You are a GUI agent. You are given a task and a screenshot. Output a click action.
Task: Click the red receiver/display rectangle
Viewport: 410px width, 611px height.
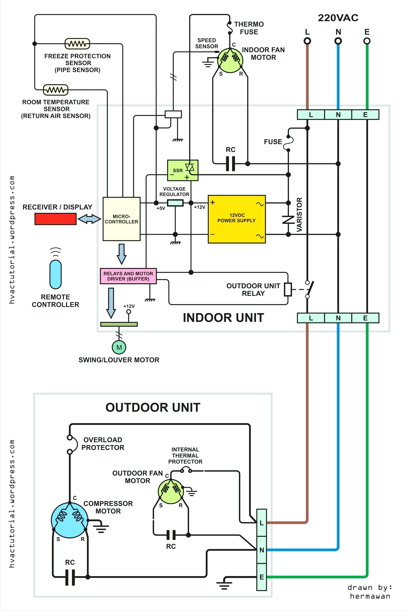55,219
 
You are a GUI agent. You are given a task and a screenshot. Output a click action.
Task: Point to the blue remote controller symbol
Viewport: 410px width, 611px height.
55,274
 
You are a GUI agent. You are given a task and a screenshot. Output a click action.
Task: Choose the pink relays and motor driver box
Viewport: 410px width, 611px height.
128,276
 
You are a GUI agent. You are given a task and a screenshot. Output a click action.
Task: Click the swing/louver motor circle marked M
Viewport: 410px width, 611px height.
119,347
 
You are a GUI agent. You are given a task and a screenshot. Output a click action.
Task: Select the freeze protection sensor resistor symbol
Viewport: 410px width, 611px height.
77,44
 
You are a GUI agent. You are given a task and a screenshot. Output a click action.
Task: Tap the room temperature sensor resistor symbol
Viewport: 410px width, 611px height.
55,90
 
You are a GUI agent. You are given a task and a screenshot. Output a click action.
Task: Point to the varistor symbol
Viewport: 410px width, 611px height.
288,219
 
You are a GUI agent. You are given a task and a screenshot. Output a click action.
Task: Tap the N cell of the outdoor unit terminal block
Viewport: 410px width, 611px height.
262,550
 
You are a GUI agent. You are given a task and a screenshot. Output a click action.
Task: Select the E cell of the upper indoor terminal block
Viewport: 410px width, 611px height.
365,115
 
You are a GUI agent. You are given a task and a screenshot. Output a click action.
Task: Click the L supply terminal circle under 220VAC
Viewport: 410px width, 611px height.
307,41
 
